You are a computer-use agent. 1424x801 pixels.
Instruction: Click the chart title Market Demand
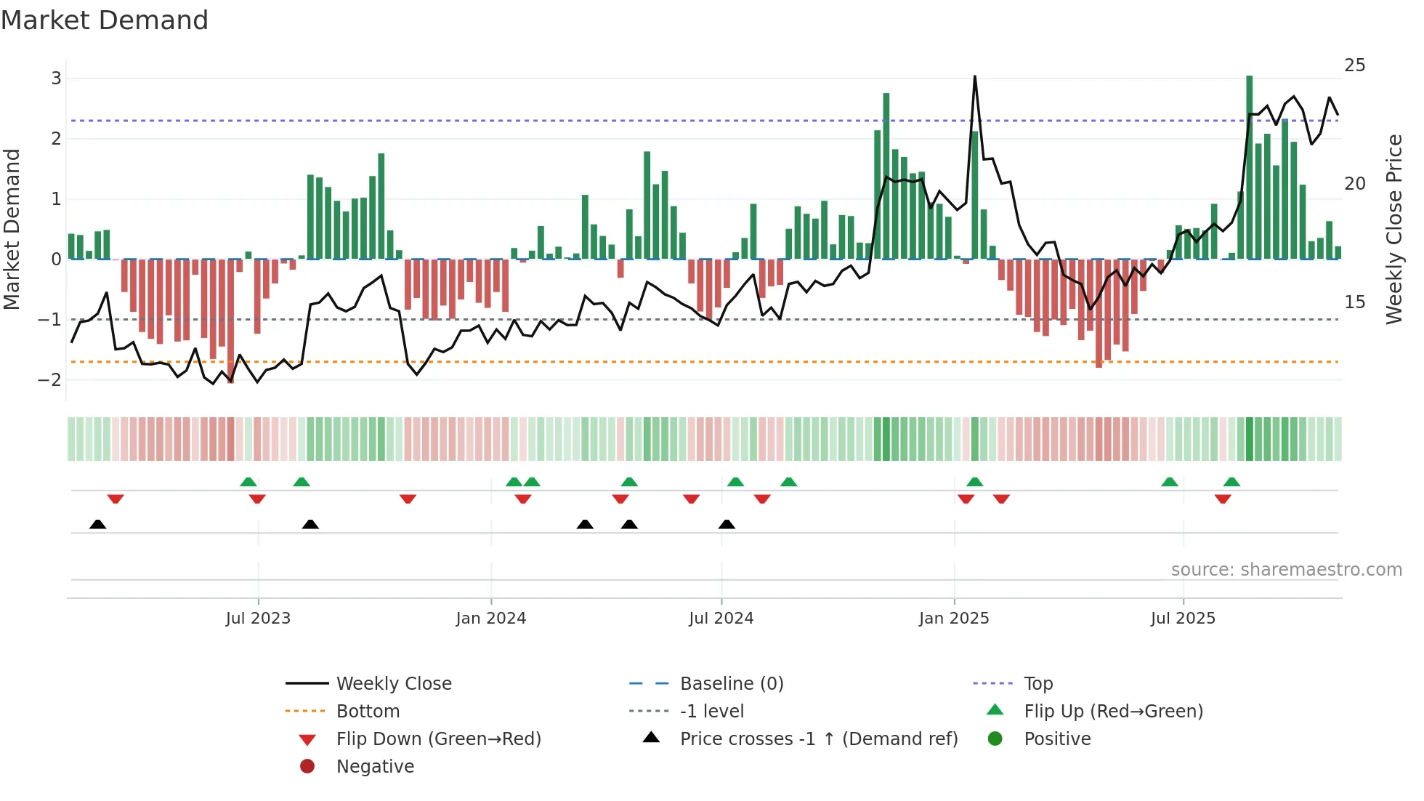(105, 20)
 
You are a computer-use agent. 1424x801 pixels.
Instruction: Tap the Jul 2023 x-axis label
(258, 619)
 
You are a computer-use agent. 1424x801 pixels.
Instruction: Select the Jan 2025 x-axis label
(953, 619)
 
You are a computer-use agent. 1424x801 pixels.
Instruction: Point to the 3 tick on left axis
(56, 79)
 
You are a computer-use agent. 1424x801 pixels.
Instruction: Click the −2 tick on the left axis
(51, 379)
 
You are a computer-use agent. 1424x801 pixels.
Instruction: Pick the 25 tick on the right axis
(1354, 65)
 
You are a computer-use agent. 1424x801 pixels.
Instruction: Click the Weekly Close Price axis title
(1393, 229)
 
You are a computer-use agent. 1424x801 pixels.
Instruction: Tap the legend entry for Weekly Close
(393, 684)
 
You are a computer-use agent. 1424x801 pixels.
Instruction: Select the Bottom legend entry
(368, 712)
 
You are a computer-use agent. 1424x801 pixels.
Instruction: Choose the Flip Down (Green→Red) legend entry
(438, 739)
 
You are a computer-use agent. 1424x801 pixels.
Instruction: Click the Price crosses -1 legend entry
(818, 739)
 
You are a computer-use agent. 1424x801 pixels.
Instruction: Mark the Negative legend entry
(375, 767)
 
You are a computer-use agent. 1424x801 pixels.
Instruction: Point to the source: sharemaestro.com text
(1286, 570)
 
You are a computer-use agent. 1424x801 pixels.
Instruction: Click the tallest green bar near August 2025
(1249, 167)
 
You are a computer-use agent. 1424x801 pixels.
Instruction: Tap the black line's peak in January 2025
(974, 76)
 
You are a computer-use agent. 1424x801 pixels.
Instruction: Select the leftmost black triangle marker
(98, 524)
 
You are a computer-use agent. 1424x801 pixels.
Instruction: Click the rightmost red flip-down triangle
(1223, 499)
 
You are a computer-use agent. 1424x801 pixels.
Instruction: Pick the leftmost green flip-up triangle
(248, 482)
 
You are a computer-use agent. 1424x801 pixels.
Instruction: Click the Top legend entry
(1037, 684)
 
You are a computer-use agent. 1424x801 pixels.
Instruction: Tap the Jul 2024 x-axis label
(721, 619)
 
